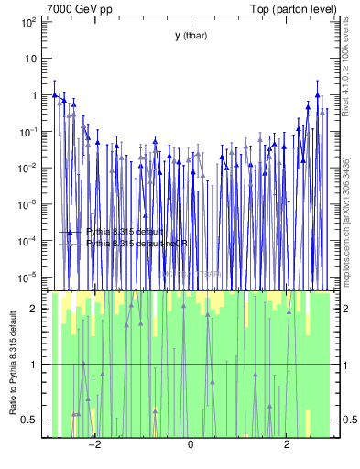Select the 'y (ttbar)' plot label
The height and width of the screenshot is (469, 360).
point(190,36)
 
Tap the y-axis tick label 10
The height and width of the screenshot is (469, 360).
point(30,58)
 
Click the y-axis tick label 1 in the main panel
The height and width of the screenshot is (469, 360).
point(33,94)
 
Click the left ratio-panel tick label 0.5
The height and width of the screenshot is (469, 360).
point(28,420)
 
